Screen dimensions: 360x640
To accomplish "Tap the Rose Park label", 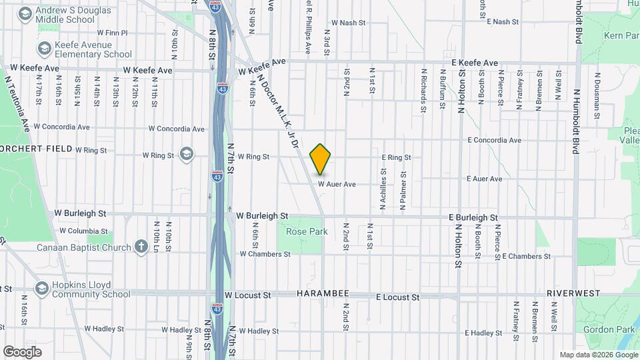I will click(307, 231).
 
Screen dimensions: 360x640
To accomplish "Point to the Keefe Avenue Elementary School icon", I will click(45, 49).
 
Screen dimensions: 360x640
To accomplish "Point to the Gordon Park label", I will click(606, 329).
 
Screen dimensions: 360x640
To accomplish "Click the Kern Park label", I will click(621, 35).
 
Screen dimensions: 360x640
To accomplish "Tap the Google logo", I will click(22, 351).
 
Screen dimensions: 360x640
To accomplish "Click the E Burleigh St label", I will click(473, 218).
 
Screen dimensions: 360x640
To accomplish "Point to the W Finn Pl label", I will click(112, 32).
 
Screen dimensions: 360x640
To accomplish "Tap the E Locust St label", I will click(397, 297).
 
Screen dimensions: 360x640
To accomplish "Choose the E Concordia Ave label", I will click(494, 141).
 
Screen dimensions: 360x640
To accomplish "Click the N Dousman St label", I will click(596, 104).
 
